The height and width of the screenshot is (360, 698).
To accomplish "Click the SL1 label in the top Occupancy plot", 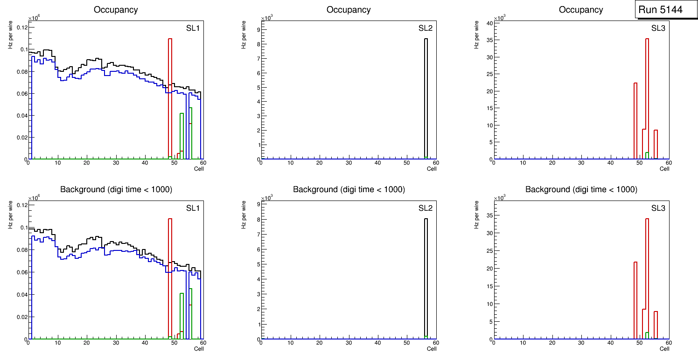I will [x=193, y=28].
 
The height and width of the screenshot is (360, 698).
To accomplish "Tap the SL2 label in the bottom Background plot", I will [x=425, y=208].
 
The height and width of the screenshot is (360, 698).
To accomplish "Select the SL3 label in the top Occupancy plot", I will [x=658, y=28].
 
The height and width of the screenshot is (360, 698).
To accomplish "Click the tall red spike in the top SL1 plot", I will [x=170, y=93].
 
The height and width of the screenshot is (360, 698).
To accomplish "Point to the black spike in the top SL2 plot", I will [x=426, y=93].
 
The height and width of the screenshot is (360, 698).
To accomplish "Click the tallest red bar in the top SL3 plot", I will [x=647, y=93].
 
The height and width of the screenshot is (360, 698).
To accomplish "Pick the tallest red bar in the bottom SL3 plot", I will [x=647, y=275].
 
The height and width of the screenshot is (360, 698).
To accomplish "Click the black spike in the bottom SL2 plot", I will [x=426, y=275].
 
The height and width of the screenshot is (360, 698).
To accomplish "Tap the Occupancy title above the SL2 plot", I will [x=349, y=9].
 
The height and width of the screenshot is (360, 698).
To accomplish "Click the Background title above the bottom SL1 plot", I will [x=116, y=189].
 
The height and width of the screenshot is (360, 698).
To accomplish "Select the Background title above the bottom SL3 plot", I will [x=581, y=189].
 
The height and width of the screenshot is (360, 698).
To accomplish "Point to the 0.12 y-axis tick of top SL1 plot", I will [x=22, y=28].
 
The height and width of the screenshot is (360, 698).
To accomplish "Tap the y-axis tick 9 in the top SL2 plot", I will [x=257, y=30].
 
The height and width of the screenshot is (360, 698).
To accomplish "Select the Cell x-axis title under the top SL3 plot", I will [x=664, y=169].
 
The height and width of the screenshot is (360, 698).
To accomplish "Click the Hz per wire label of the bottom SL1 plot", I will [x=10, y=215].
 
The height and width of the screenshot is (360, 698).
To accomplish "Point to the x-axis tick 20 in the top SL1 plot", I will [x=86, y=163].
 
